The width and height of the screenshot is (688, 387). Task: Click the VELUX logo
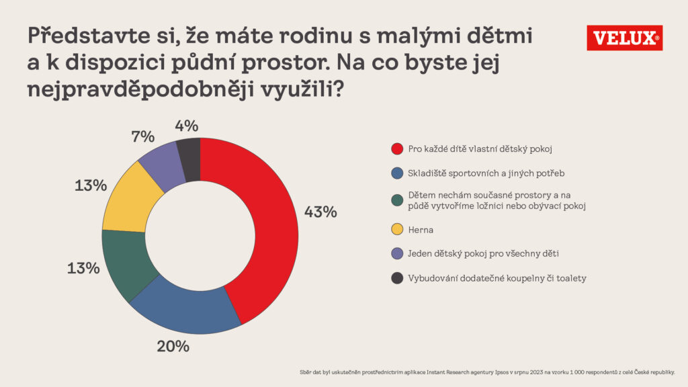point(624,38)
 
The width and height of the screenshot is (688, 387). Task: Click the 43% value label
point(320,212)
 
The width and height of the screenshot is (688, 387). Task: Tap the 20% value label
point(173,347)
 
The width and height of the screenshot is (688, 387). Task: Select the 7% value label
point(142,136)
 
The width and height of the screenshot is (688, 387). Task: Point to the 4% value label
point(185,126)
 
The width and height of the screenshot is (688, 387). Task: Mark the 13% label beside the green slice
point(83,268)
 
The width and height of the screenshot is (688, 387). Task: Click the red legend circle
point(396,148)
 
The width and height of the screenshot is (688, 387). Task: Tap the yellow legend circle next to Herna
point(396,230)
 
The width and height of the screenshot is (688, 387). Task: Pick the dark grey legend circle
point(396,277)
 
